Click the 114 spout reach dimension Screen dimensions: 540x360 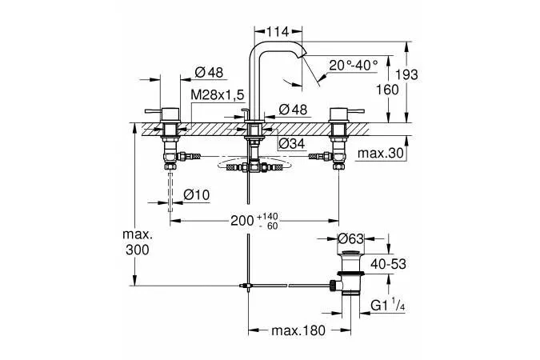[x=278, y=32]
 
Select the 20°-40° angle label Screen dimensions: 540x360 [x=354, y=65]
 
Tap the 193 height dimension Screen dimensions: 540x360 [x=406, y=74]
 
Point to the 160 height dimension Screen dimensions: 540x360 [x=387, y=90]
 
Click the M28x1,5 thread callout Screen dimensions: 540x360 [x=218, y=94]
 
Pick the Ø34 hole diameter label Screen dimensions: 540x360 [x=292, y=144]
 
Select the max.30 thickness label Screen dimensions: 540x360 [x=381, y=153]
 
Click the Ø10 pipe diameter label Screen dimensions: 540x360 [x=196, y=195]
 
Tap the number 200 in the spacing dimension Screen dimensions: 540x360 [x=242, y=221]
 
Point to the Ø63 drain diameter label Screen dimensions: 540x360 [x=350, y=238]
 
